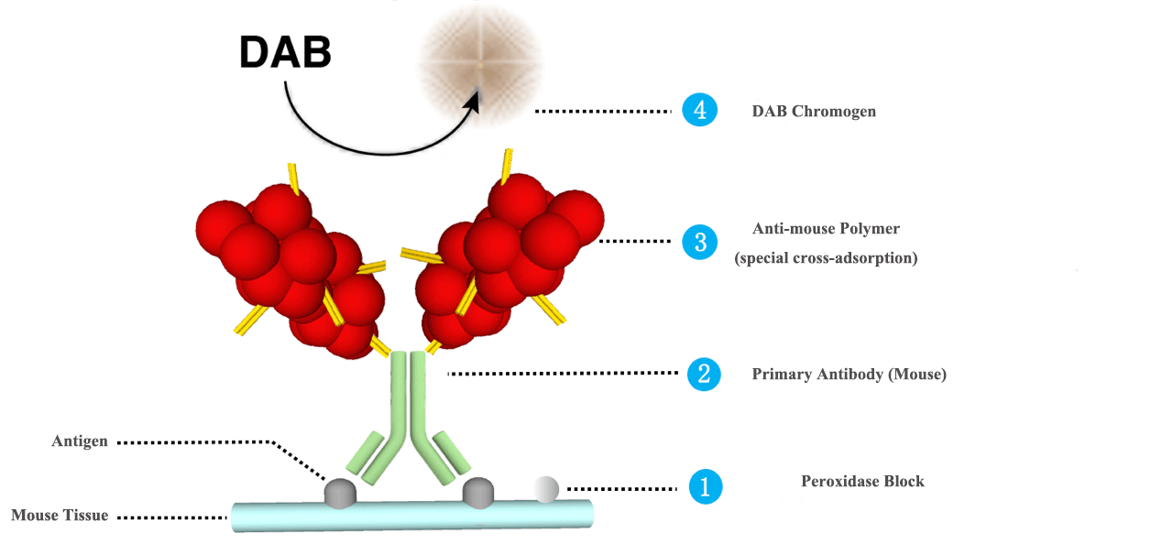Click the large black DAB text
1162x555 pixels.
(285, 53)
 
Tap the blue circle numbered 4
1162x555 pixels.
(699, 111)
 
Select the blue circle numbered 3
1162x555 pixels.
(699, 242)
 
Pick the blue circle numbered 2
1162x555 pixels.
(704, 374)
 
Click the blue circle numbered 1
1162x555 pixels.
(705, 486)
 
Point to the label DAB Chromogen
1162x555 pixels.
(814, 112)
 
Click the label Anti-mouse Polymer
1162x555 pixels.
(826, 229)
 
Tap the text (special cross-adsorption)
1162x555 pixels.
(826, 258)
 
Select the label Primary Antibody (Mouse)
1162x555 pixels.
(849, 375)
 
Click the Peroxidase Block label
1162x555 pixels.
(862, 482)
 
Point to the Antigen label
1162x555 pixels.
(80, 441)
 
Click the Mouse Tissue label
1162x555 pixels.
(60, 516)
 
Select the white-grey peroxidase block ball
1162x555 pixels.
(545, 489)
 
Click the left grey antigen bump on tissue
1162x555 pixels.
(340, 493)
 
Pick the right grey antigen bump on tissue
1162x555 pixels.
(478, 492)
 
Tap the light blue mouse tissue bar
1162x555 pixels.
(412, 516)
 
